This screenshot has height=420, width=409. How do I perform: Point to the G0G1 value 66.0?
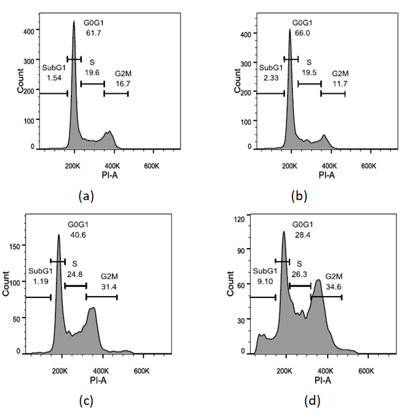coord(303,35)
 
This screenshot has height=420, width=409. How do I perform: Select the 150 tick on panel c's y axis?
coord(17,245)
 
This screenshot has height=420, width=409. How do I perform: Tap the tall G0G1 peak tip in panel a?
coord(74,21)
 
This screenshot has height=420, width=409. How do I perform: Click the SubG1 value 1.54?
coord(54,78)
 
